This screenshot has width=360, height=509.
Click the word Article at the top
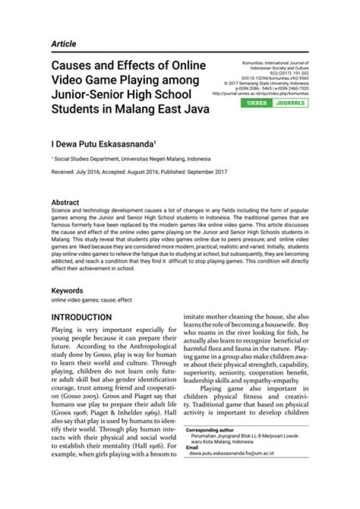click(x=63, y=44)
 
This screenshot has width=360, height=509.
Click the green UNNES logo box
click(x=257, y=103)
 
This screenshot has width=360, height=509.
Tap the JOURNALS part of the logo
click(x=290, y=103)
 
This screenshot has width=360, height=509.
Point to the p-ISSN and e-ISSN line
click(x=274, y=88)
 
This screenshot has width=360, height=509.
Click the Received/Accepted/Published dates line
click(x=139, y=172)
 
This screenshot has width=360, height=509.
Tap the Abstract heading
click(x=65, y=202)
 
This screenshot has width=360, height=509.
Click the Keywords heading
click(x=67, y=290)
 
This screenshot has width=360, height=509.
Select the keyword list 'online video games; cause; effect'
click(x=91, y=300)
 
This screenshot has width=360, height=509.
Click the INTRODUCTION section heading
click(x=81, y=317)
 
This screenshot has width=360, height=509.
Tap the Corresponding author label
click(x=209, y=430)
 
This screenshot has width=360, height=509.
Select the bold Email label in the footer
click(x=192, y=447)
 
